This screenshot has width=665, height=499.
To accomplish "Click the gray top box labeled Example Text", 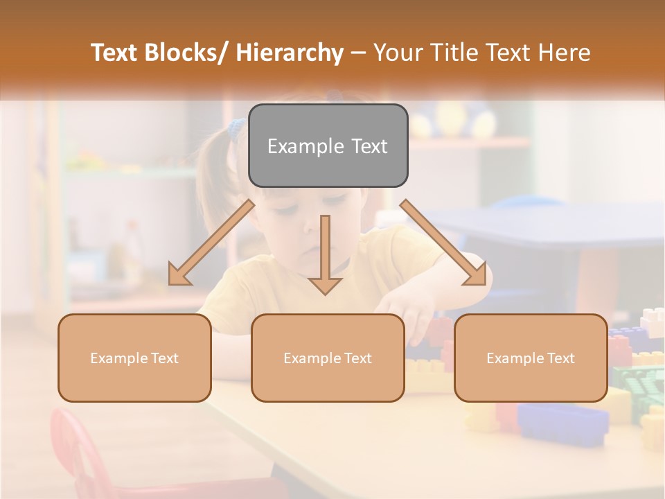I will [x=328, y=146].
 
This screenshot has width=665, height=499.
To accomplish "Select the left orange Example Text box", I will [x=134, y=358].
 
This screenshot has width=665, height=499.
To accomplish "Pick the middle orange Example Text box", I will [x=328, y=358].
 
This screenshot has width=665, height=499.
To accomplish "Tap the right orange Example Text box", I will [x=531, y=358].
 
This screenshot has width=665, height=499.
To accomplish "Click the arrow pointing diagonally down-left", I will [x=211, y=243].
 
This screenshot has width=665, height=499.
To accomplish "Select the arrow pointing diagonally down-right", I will [x=444, y=243].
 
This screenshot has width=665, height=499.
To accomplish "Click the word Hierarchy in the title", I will [x=290, y=53].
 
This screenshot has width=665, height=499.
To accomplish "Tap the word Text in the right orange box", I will [x=560, y=358].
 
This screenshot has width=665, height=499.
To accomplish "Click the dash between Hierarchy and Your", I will [x=358, y=53].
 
